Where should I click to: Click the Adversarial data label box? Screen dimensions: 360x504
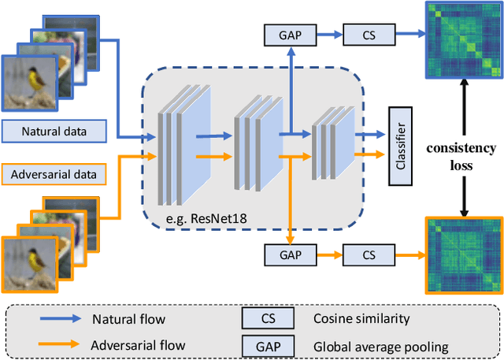(x=55, y=172)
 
